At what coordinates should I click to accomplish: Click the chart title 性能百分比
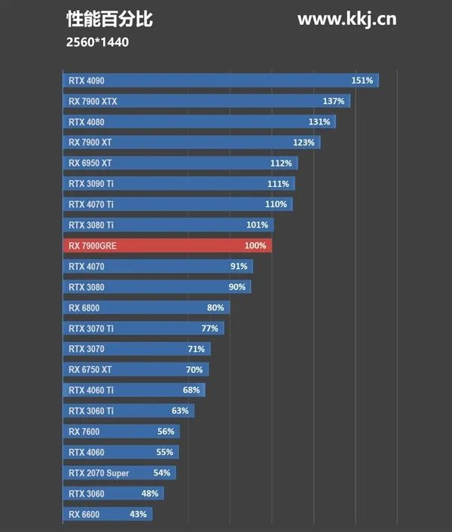pos(109,20)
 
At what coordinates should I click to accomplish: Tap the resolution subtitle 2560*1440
pos(97,42)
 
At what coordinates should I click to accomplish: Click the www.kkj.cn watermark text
pos(347,20)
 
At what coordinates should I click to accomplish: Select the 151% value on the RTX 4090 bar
pos(362,81)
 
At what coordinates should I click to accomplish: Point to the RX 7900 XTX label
pos(93,101)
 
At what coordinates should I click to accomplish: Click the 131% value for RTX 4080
pos(319,122)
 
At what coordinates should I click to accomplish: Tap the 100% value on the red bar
pos(255,246)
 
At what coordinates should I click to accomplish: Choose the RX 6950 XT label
pos(90,163)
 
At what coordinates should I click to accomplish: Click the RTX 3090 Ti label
pos(90,184)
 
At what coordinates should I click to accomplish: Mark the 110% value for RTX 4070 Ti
pos(276,204)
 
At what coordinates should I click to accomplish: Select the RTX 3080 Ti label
pos(90,225)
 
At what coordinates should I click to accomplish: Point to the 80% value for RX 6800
pos(215,307)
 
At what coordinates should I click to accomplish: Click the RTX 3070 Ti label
pos(90,329)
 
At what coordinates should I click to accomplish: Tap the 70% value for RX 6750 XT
pos(194,370)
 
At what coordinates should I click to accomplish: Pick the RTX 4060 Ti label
pos(90,390)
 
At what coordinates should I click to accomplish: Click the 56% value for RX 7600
pos(166,432)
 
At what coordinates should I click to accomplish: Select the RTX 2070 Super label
pos(99,473)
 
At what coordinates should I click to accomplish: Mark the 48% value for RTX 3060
pos(150,494)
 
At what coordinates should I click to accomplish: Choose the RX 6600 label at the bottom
pos(84,515)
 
